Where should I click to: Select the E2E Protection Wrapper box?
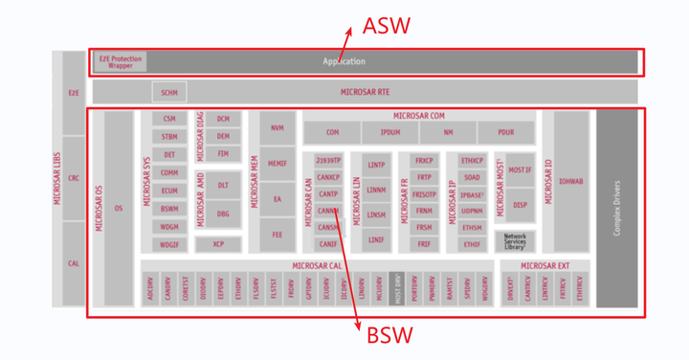(120, 61)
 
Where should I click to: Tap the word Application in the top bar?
(344, 62)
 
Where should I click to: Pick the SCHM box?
(169, 93)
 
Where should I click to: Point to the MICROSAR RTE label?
(365, 93)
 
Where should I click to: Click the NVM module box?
(277, 127)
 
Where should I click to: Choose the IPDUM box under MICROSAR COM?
(389, 132)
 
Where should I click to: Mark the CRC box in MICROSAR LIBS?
(74, 178)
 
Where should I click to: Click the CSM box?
(169, 119)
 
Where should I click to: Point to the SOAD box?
(472, 178)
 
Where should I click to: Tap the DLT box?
(223, 185)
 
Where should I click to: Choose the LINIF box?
(376, 239)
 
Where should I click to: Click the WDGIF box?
(169, 244)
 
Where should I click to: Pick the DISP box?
(520, 204)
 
